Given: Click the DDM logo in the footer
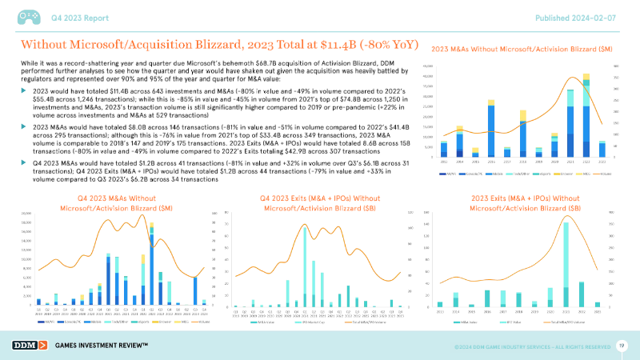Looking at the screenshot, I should click(30, 345).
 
